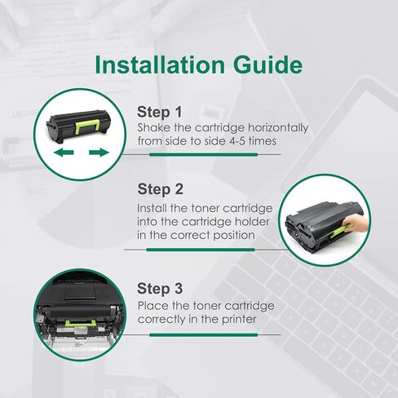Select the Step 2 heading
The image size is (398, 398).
point(160,189)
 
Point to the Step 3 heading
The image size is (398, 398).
point(160,289)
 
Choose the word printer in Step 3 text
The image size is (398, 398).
point(237,320)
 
